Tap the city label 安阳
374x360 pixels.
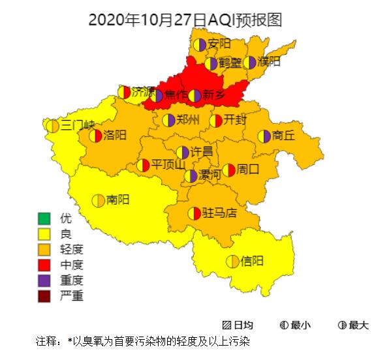click(x=219, y=44)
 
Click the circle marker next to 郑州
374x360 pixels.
click(x=168, y=120)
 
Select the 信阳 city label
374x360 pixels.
click(x=253, y=262)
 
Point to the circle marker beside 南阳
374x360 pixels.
click(x=98, y=200)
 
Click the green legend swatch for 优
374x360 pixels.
click(x=44, y=218)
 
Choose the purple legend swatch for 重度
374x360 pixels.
click(x=44, y=281)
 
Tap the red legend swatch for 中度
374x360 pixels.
click(x=44, y=265)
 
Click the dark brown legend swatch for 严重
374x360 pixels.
click(x=44, y=297)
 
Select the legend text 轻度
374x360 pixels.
click(x=71, y=250)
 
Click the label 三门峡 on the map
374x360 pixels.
click(x=78, y=125)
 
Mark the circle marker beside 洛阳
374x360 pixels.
click(x=96, y=136)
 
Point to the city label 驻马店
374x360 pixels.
click(x=219, y=213)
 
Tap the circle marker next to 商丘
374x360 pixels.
click(x=264, y=136)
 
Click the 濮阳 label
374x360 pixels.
click(x=269, y=62)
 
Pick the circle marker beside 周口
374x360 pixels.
click(x=228, y=170)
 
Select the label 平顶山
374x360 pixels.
click(x=168, y=165)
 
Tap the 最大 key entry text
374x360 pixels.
click(x=359, y=325)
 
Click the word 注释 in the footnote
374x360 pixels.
click(x=46, y=341)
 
